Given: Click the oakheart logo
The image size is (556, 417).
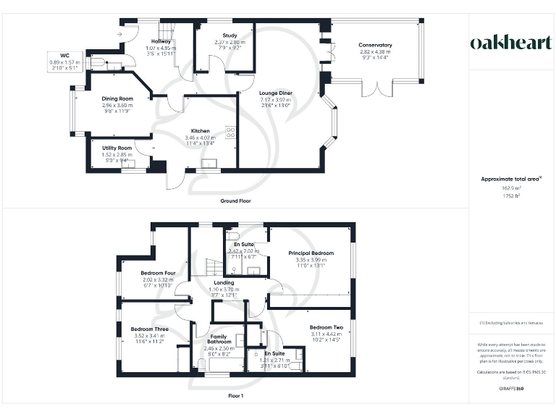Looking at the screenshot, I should pyautogui.click(x=511, y=43).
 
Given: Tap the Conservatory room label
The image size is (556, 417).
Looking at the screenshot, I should pyautogui.click(x=375, y=46).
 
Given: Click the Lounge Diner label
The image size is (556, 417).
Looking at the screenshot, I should pyautogui.click(x=275, y=93).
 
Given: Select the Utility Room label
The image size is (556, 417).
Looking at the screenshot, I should pyautogui.click(x=115, y=148).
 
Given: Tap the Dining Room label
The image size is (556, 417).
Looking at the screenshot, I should pyautogui.click(x=117, y=98).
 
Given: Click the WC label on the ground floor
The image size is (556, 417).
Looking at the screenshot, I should pyautogui.click(x=64, y=55).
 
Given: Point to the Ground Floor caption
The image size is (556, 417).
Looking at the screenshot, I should pyautogui.click(x=235, y=201).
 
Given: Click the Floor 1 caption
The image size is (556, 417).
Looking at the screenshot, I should pyautogui.click(x=235, y=396).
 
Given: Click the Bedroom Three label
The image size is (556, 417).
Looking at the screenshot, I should pyautogui.click(x=150, y=329).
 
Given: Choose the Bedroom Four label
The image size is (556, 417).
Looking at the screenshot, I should pyautogui.click(x=158, y=273).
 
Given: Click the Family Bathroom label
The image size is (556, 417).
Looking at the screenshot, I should pyautogui.click(x=219, y=339).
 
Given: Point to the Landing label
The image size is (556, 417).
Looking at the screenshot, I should pyautogui.click(x=223, y=282).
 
